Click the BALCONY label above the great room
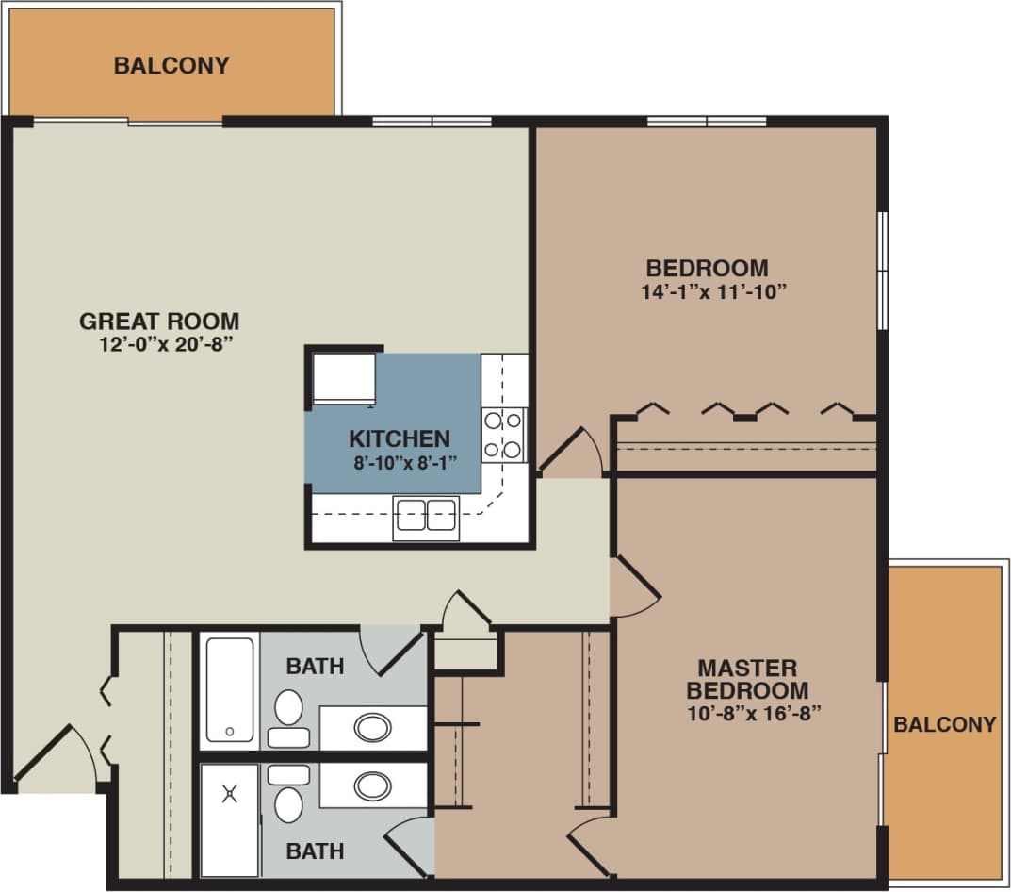click(x=171, y=66)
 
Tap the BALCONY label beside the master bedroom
click(x=944, y=724)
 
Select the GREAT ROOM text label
click(x=159, y=321)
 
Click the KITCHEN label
click(x=399, y=438)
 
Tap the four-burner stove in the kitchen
click(x=503, y=435)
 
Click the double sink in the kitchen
click(x=426, y=516)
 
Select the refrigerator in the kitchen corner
click(x=344, y=377)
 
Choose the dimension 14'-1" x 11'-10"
click(x=714, y=291)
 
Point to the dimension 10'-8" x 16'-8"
click(x=749, y=712)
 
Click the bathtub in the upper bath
click(x=229, y=689)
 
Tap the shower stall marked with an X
click(x=229, y=818)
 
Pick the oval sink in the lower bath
click(x=373, y=785)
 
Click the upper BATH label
click(x=315, y=667)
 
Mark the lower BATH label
click(x=315, y=851)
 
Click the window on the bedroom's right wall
click(x=883, y=271)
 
